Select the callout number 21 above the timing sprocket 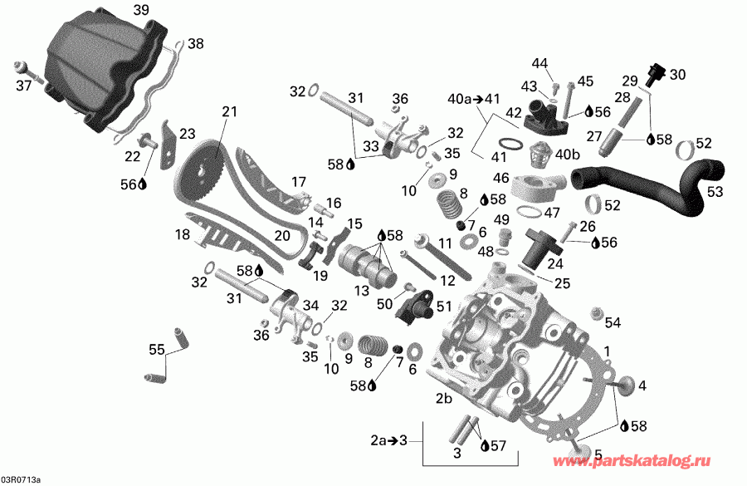click(229, 111)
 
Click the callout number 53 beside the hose click(715, 192)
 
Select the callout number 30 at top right click(678, 74)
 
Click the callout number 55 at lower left click(156, 350)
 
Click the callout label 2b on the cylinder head click(444, 400)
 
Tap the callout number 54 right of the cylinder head click(613, 322)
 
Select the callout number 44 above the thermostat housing click(540, 64)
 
